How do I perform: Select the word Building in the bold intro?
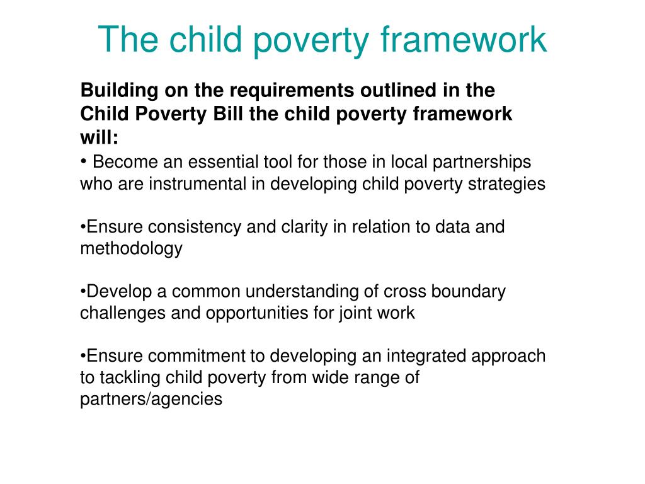119,91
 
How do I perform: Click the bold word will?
99,137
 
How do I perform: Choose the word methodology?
131,248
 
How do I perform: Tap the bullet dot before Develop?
83,292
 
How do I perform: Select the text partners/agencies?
151,399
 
